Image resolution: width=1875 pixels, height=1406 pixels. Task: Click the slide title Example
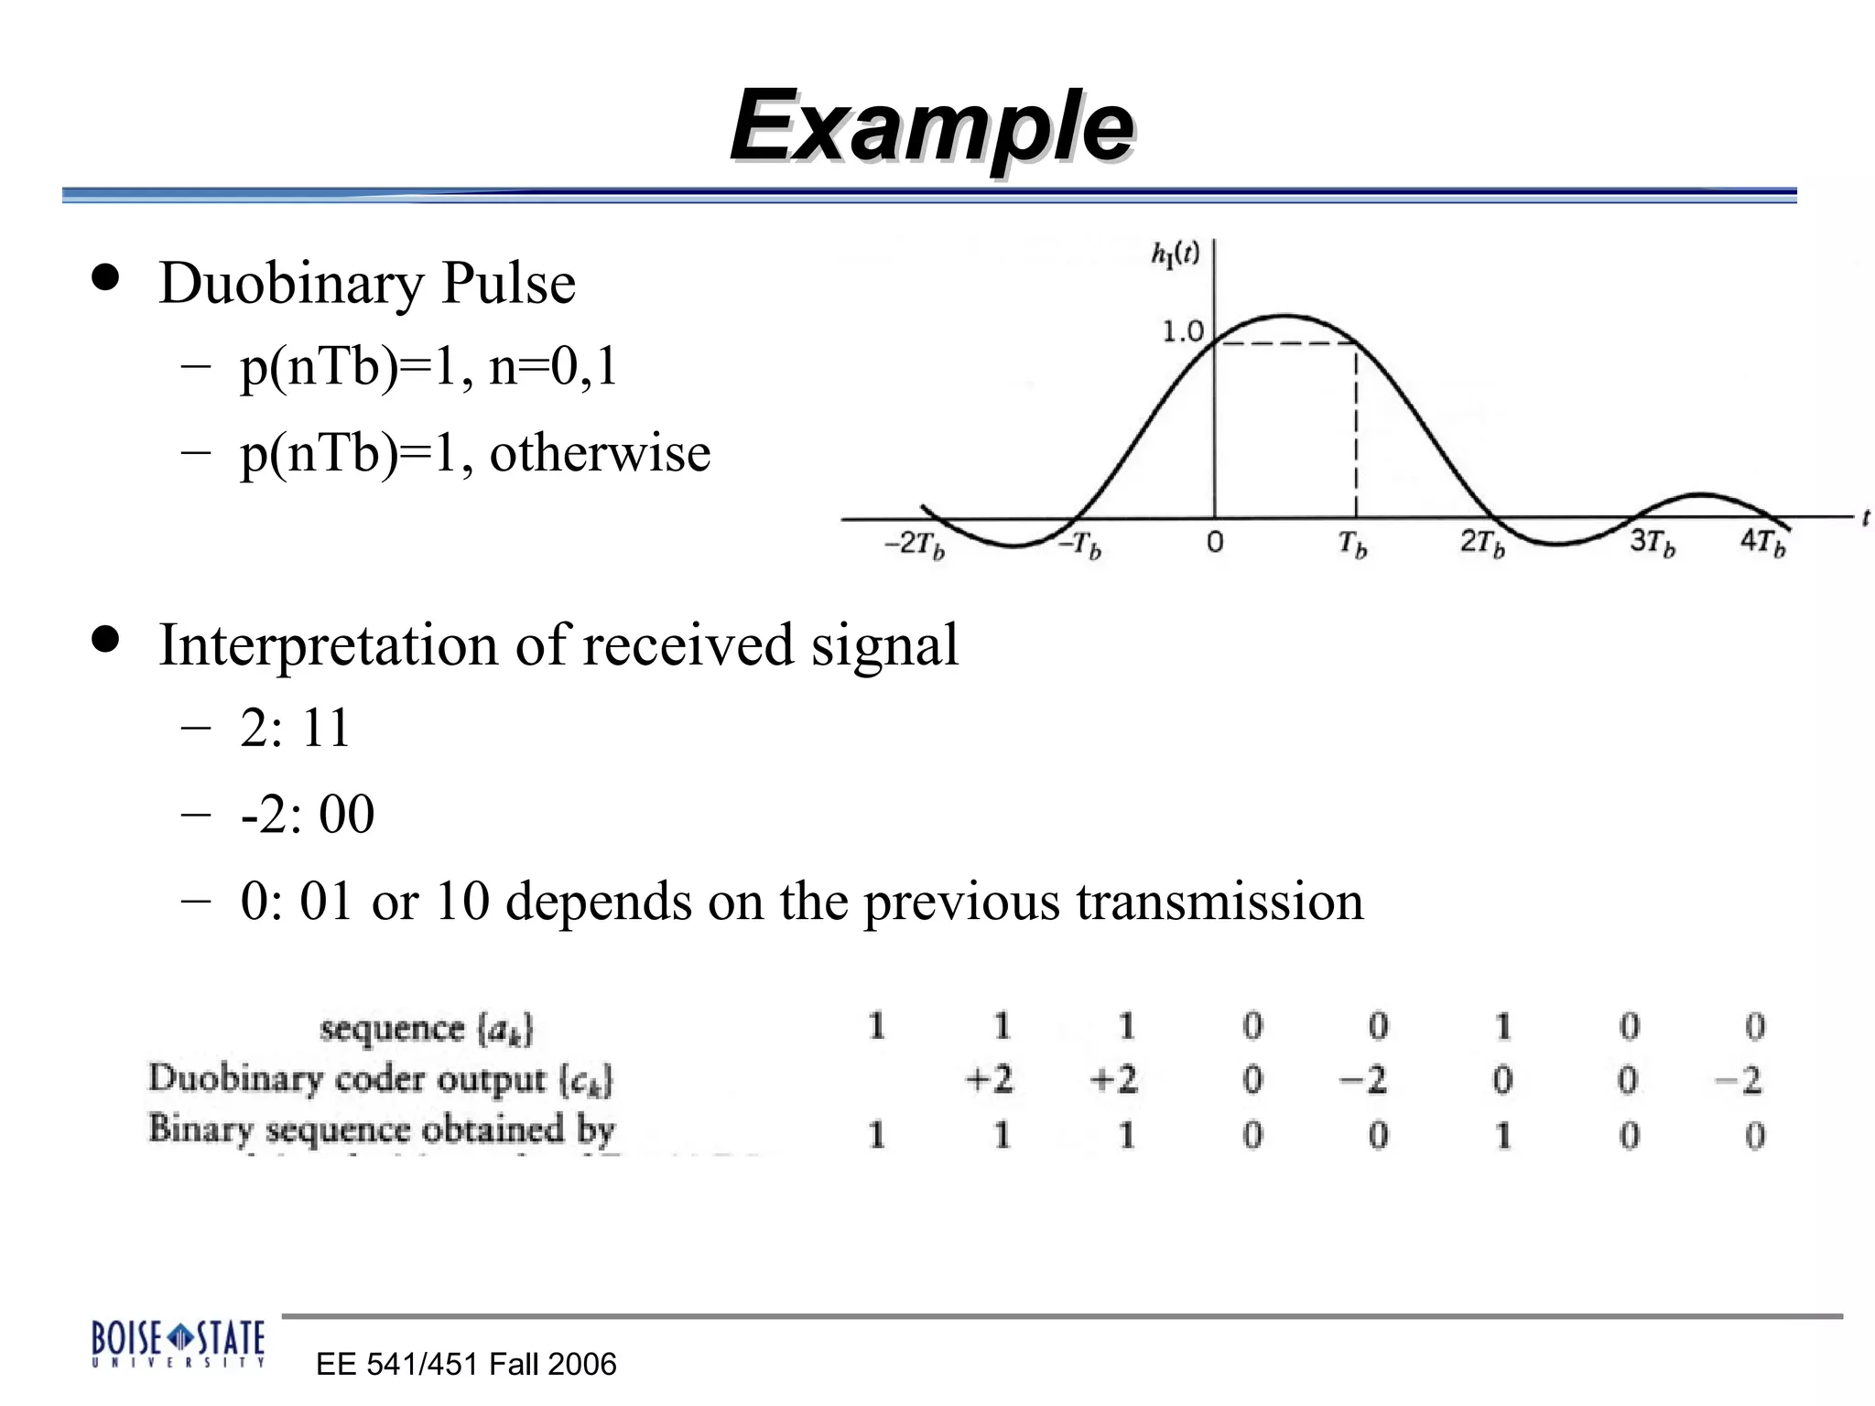932,125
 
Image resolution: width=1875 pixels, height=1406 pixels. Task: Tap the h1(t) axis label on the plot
1175,254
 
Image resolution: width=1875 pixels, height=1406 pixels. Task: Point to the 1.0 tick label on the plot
1182,331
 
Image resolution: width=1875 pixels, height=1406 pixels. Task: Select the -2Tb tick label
914,545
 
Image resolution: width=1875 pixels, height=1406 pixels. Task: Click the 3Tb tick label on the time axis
1652,543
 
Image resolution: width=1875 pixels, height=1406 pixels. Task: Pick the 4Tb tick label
1762,542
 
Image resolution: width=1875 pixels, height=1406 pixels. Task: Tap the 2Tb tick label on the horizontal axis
1482,543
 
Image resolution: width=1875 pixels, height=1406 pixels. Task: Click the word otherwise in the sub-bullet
600,453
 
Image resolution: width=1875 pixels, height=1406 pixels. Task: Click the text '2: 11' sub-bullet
295,729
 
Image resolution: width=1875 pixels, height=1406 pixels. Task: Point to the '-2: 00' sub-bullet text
308,814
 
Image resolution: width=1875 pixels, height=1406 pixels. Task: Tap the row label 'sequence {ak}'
426,1029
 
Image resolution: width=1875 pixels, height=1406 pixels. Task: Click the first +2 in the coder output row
990,1080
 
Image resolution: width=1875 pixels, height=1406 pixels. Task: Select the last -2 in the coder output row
1738,1081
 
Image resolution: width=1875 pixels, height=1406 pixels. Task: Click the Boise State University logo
179,1344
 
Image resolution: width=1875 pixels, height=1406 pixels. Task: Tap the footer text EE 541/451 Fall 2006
466,1365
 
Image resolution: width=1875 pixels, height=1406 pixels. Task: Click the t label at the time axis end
1865,518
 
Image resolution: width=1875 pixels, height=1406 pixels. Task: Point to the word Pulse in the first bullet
508,283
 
